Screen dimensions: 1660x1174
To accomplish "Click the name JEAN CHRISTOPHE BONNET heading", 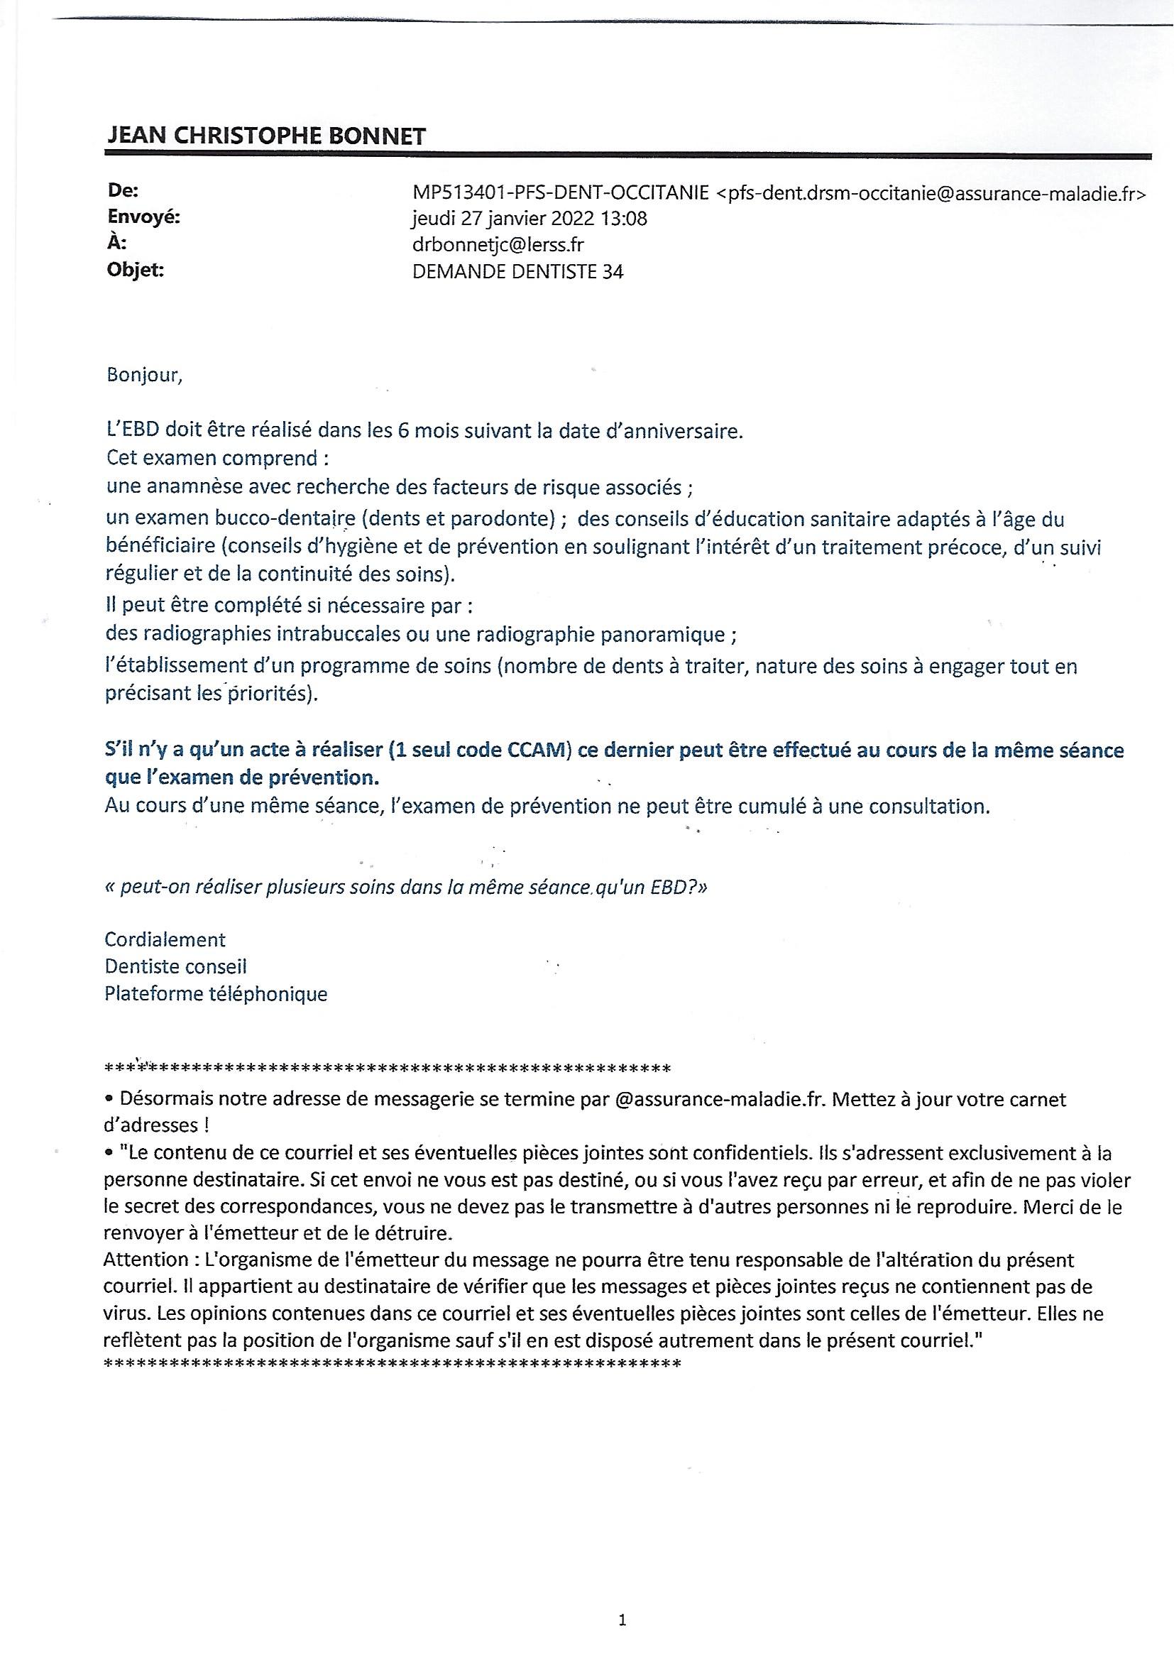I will coord(265,135).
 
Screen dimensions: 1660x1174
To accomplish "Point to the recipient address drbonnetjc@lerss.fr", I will coord(498,245).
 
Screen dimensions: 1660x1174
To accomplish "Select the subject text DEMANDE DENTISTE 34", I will coord(517,272).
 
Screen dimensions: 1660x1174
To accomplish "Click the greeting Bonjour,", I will coord(144,376).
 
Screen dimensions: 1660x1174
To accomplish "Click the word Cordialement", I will coord(165,939).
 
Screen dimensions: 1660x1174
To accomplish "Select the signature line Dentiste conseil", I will coord(175,966).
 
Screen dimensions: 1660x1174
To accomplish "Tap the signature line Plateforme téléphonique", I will coord(216,993).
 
